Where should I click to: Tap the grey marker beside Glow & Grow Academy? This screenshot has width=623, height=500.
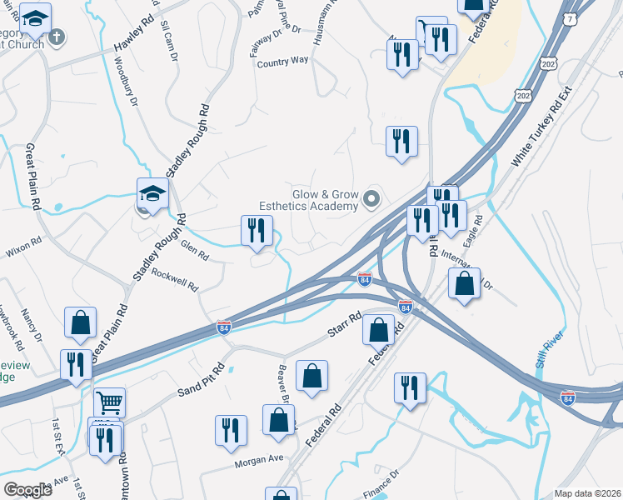pos(371,199)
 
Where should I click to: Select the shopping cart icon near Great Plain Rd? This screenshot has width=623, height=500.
pos(109,404)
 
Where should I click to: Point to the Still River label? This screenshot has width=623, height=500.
pos(551,350)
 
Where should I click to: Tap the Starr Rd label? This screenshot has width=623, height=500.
pos(344,325)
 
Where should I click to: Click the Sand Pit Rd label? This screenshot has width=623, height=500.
pos(201,380)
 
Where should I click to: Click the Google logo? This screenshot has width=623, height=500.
pos(27,490)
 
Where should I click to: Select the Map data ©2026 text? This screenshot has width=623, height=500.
pos(586,493)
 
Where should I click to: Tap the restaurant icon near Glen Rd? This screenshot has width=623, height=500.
pos(257,230)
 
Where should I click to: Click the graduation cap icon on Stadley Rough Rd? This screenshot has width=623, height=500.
pos(152,194)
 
